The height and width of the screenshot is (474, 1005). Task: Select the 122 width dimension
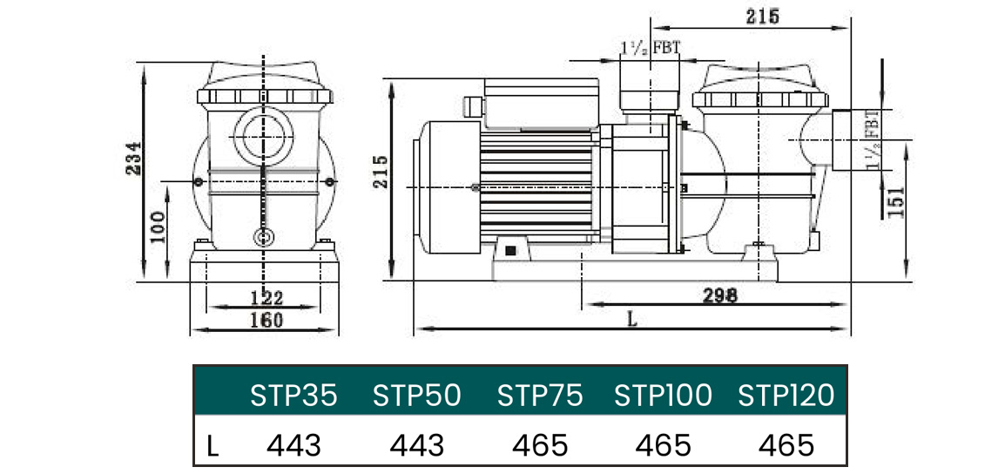266,298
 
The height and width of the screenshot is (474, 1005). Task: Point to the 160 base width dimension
266,320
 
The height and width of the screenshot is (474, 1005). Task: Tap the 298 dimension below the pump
720,295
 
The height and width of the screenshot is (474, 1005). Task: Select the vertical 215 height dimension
381,172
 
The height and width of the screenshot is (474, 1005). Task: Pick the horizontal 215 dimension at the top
763,17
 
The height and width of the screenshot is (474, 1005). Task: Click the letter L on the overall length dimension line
631,320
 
